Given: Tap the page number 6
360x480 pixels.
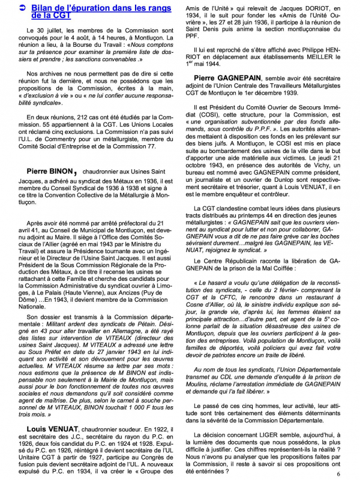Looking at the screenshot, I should tap(338, 473).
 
